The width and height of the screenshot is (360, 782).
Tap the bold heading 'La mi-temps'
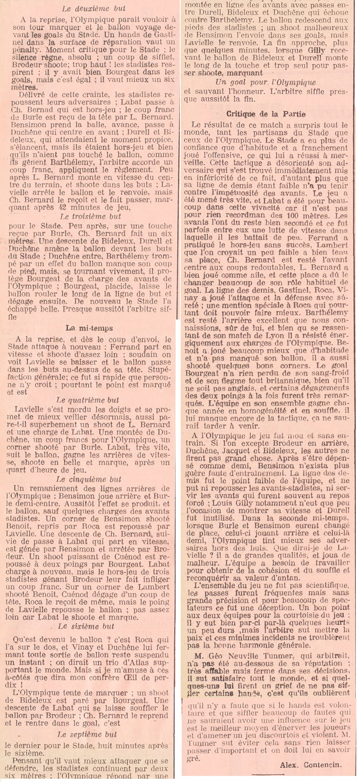pyautogui.click(x=89, y=328)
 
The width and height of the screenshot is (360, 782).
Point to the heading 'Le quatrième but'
pyautogui.click(x=88, y=400)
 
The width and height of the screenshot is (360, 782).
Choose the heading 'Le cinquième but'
pyautogui.click(x=88, y=479)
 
